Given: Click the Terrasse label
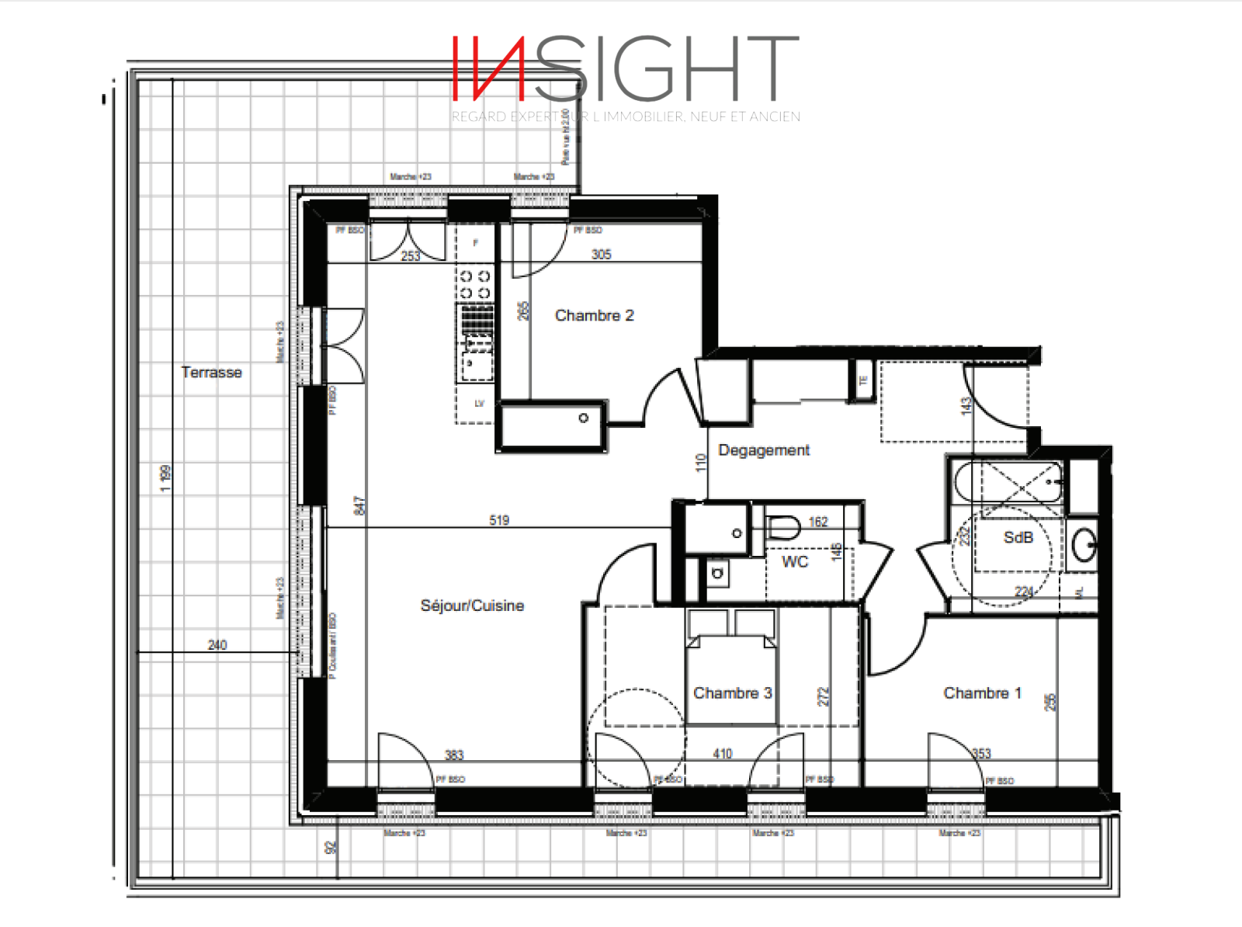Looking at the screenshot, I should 211,373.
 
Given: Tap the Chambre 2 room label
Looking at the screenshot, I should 594,316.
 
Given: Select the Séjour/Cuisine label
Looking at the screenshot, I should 472,606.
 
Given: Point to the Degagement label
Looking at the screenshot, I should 764,450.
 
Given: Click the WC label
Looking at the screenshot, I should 795,562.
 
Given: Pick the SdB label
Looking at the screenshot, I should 1018,537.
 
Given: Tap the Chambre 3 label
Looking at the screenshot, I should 732,693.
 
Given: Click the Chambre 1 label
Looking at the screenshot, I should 982,693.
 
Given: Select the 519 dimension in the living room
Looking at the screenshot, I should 499,520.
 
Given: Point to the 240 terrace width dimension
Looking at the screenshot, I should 217,645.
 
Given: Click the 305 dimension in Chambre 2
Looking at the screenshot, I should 601,255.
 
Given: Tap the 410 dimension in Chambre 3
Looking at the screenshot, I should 722,754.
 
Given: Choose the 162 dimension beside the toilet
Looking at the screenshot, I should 818,523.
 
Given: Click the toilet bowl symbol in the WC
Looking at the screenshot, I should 782,527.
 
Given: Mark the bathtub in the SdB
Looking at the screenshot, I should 1008,483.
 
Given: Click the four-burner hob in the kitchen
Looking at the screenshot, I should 475,284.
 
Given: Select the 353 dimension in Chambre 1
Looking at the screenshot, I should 981,754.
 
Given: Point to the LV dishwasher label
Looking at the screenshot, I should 479,404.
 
